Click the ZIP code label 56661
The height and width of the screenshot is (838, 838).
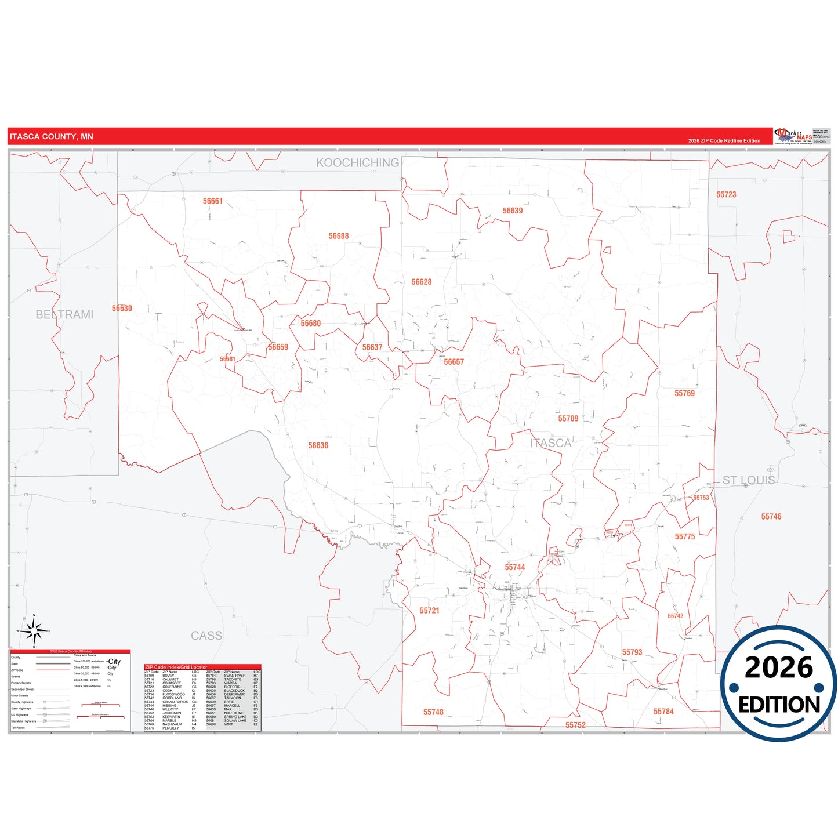212,201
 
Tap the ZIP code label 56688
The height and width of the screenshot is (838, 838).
339,236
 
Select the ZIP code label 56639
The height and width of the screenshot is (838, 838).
513,211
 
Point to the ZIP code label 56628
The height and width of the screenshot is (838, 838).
422,282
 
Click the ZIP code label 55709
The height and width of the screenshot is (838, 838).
568,418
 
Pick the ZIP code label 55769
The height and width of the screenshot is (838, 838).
684,393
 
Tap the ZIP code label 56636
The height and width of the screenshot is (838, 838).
318,445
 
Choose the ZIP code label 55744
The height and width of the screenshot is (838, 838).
515,567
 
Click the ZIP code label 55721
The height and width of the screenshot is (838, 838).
430,611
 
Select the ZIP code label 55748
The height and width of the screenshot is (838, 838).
433,712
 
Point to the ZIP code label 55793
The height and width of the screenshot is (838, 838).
632,652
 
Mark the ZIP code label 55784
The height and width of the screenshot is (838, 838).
663,712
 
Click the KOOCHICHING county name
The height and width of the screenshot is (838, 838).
357,163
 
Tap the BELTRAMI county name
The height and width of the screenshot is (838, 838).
64,314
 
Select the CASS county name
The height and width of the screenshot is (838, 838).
206,636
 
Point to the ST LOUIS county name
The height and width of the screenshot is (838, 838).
748,480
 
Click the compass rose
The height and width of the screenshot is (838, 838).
34,631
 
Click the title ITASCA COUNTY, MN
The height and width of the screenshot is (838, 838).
52,137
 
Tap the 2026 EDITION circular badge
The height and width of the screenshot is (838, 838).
779,684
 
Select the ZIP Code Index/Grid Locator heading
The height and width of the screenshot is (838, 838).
176,667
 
